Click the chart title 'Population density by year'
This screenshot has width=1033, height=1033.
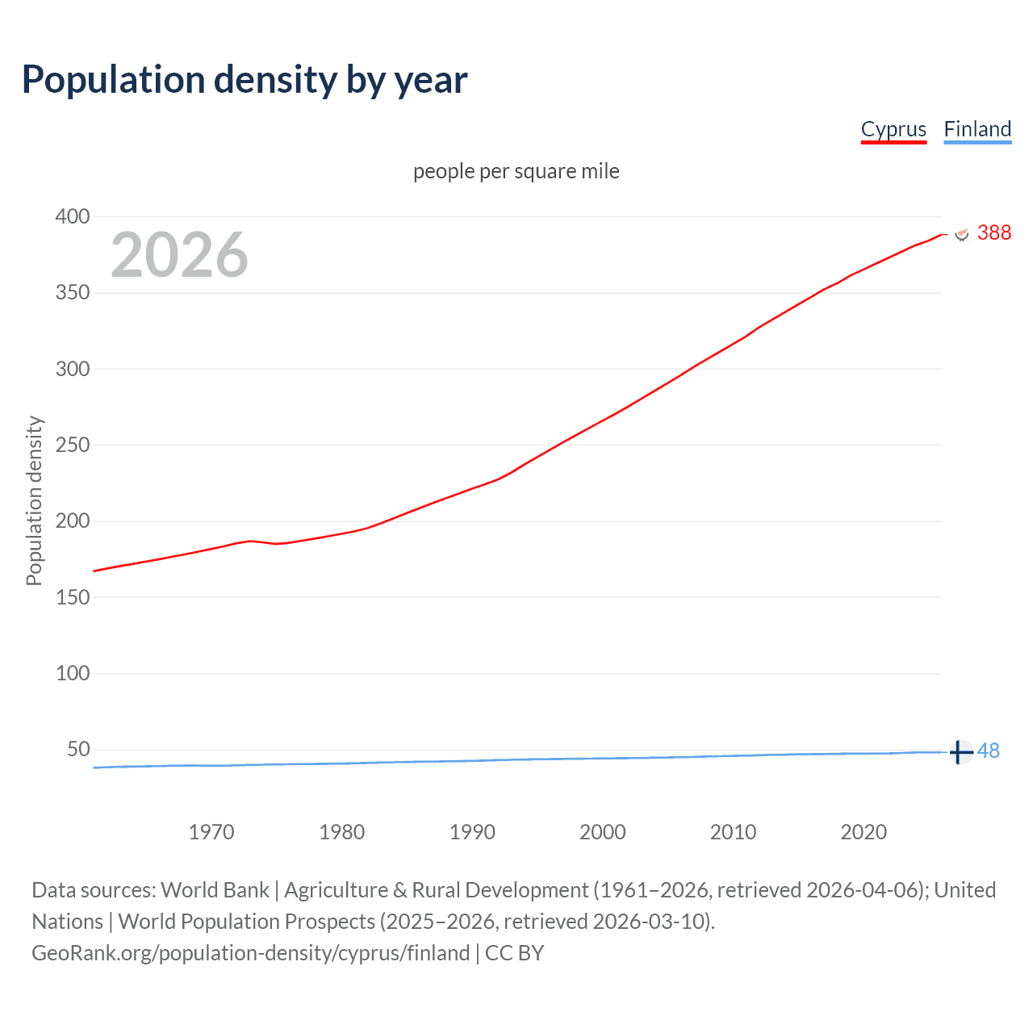(x=245, y=80)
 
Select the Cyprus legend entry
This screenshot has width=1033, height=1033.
(x=893, y=129)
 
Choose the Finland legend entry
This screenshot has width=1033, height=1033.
(x=977, y=129)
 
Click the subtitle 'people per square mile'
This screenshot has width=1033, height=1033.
(x=516, y=171)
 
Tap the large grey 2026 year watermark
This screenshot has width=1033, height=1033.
(x=179, y=255)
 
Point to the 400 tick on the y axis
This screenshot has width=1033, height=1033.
(x=73, y=216)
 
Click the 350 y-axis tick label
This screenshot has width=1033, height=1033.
(x=73, y=292)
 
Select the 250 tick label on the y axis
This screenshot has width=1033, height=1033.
(x=73, y=445)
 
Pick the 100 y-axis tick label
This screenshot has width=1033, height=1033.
(x=73, y=673)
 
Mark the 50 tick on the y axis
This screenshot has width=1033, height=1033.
(x=78, y=749)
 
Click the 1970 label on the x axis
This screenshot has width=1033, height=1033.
(x=211, y=832)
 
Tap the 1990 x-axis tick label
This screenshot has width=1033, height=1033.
(x=472, y=832)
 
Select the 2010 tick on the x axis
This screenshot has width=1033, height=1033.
(x=733, y=832)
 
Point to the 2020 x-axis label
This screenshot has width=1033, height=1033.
(x=864, y=832)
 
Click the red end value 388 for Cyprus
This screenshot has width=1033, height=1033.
(x=993, y=232)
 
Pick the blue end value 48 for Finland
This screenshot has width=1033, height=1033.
(x=988, y=751)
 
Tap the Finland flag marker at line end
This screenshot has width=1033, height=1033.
(x=960, y=752)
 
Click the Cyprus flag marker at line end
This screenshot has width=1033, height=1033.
(x=961, y=233)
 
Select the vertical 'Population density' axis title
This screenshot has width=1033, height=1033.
(x=34, y=500)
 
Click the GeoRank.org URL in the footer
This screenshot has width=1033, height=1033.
(x=250, y=953)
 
